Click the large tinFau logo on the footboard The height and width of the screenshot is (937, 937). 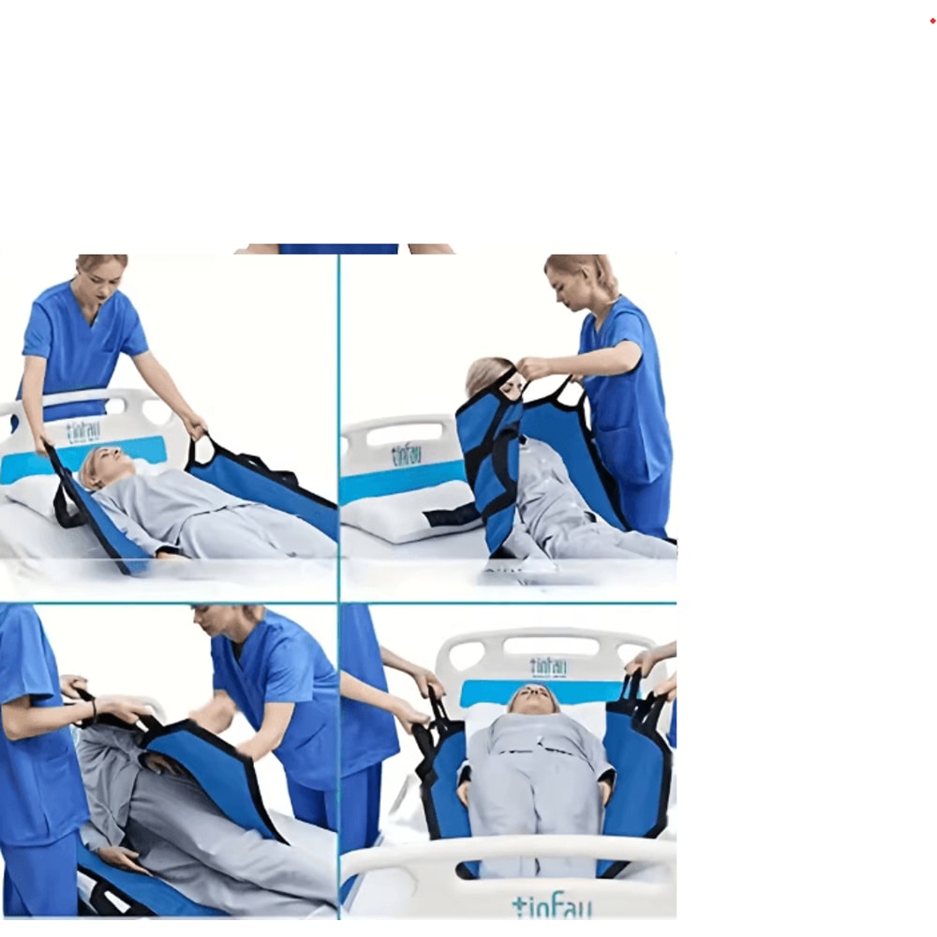[551, 905]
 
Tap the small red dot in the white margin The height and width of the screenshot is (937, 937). [932, 21]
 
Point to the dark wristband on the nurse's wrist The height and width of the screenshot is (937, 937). [93, 709]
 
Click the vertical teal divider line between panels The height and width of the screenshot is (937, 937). [338, 422]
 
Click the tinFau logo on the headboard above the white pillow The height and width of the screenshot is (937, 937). [406, 454]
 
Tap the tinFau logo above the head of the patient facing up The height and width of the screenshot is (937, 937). [547, 667]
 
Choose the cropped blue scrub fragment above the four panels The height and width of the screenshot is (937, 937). [337, 249]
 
